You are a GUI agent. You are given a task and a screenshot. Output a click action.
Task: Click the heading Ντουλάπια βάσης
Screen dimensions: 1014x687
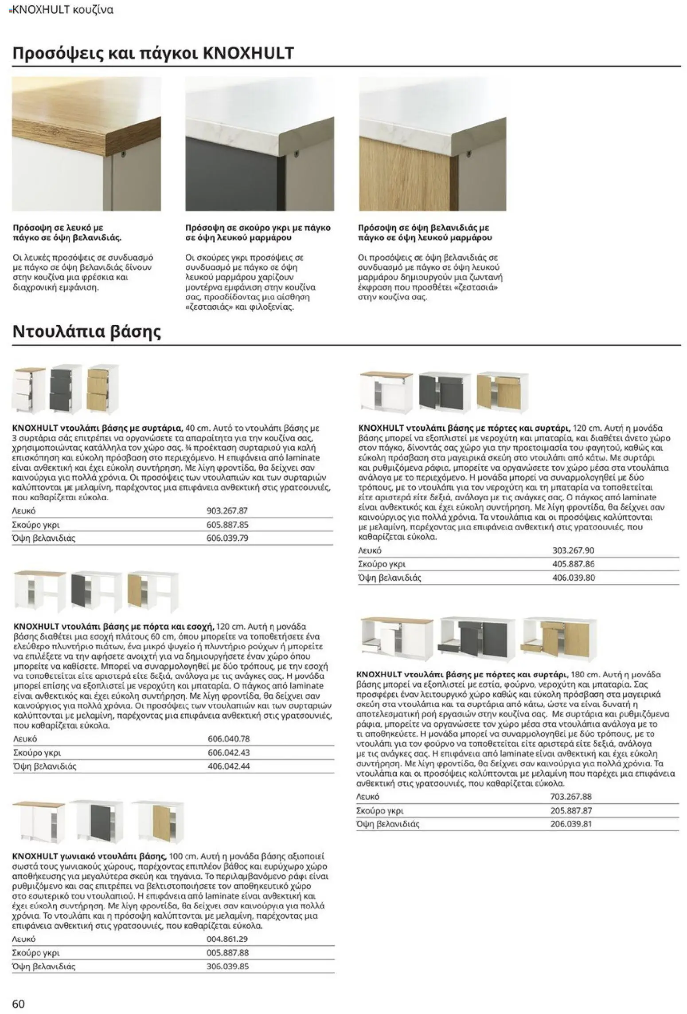click(86, 332)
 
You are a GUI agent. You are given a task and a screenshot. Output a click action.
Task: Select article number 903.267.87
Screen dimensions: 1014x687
click(227, 511)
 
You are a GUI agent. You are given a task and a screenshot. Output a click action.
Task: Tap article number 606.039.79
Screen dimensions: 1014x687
click(227, 538)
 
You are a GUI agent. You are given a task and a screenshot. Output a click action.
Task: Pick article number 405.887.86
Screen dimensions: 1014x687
click(573, 564)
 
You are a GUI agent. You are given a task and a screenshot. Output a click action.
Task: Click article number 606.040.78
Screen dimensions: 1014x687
click(229, 739)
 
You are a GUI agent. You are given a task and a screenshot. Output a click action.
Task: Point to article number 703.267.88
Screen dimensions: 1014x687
click(571, 797)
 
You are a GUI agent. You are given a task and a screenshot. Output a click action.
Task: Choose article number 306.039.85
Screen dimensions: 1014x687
click(227, 967)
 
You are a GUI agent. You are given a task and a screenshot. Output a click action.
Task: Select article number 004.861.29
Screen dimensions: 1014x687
click(227, 939)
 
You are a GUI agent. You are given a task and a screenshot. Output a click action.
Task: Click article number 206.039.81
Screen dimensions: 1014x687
click(571, 824)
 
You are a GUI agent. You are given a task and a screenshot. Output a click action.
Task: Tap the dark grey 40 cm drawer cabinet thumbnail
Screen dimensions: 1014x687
click(61, 388)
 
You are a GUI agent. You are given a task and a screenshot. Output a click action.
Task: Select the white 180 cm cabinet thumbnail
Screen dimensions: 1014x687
click(396, 637)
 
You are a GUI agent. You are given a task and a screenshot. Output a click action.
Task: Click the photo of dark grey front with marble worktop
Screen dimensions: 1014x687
click(259, 144)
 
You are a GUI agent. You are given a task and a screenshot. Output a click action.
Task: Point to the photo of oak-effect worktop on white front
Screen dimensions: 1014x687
click(86, 144)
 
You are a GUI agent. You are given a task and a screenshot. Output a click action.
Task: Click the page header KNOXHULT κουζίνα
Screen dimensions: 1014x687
click(62, 10)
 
